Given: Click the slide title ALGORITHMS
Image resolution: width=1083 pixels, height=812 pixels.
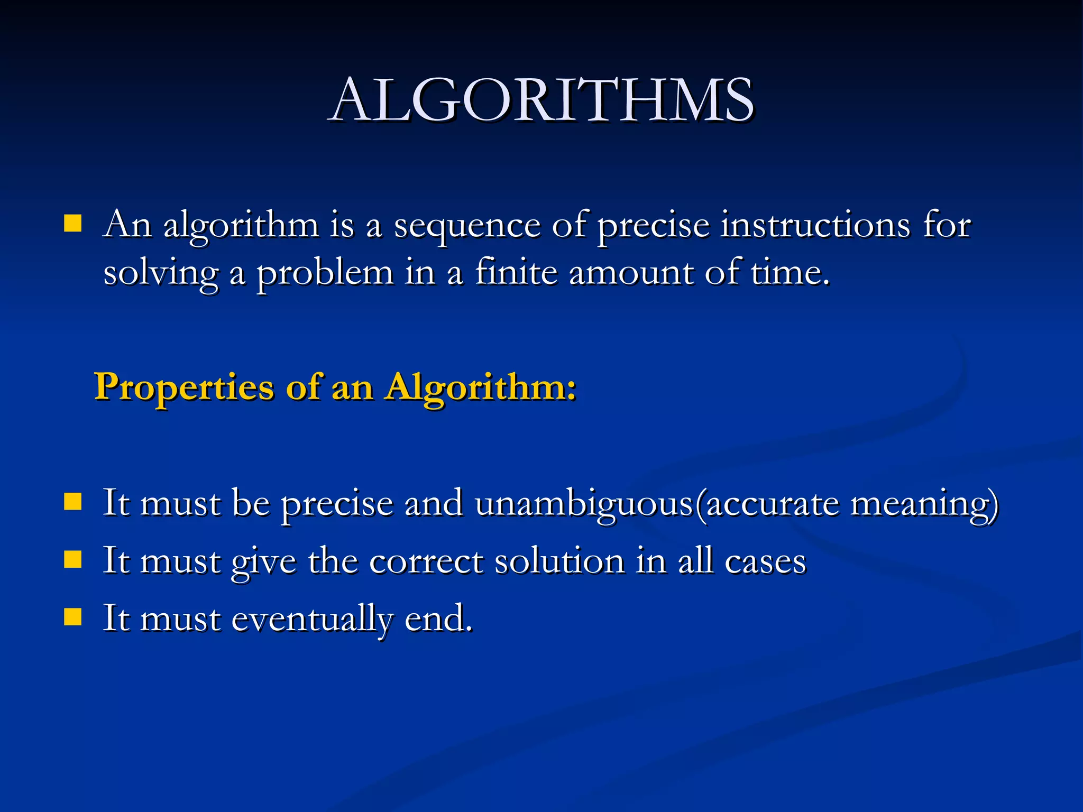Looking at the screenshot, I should [541, 100].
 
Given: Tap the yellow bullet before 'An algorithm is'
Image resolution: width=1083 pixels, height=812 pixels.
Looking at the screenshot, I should [72, 224].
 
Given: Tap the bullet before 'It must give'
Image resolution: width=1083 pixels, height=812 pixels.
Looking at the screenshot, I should [72, 559].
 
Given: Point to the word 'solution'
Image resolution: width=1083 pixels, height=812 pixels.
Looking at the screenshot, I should [559, 560].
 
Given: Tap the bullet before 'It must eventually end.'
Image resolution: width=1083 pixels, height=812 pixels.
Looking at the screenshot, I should [72, 616].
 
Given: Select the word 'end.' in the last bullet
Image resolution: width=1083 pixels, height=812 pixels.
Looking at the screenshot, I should [438, 617].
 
